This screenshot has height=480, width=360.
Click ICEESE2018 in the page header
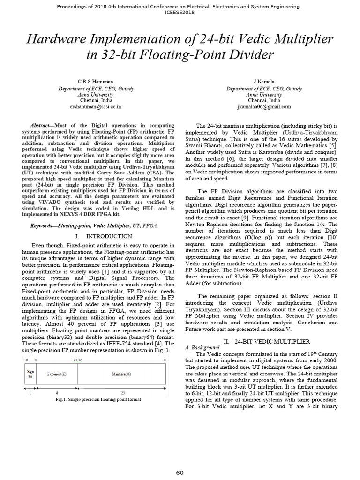tap(180, 13)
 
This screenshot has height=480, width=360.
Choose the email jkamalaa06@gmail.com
tap(264, 106)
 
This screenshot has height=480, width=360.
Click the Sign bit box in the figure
tap(30, 375)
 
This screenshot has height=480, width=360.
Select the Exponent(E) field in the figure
tap(56, 375)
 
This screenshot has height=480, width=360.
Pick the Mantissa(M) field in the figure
tap(121, 375)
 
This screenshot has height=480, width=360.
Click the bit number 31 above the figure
tap(26, 360)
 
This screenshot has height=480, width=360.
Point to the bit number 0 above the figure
tap(165, 360)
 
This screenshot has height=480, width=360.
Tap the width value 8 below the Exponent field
tap(57, 393)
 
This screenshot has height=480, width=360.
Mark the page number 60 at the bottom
tap(180, 472)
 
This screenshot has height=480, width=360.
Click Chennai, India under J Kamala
tap(264, 100)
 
